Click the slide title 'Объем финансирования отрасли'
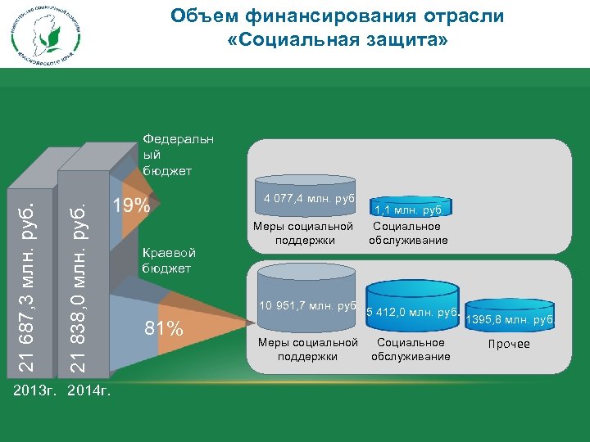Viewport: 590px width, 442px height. tap(337, 16)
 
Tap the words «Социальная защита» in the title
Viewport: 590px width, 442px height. tap(337, 39)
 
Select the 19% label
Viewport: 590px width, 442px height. tap(131, 205)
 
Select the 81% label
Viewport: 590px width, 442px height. tap(164, 329)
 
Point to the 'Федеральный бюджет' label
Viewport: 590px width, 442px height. tap(177, 155)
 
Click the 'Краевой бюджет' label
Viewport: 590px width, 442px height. tap(166, 259)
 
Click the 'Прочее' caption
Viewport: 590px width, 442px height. tap(509, 344)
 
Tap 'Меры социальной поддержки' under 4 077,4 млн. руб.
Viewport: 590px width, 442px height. tap(305, 233)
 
